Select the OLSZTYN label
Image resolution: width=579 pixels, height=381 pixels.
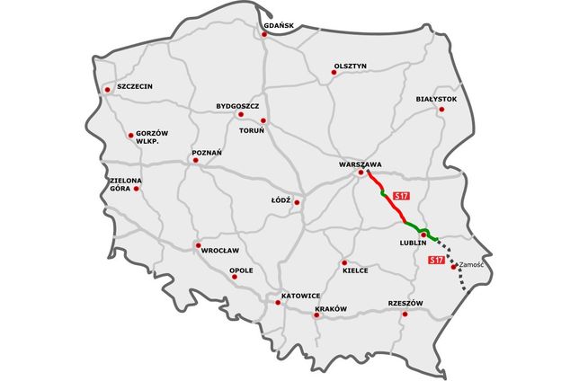[x=350, y=66]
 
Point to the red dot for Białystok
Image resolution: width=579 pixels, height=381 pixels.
[x=441, y=110]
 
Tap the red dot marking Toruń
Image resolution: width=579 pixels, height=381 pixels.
[x=263, y=120]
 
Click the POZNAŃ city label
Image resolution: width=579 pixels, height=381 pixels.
[x=207, y=154]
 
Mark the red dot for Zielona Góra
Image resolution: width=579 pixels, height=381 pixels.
[x=137, y=189]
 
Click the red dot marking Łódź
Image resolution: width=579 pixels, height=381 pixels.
[x=297, y=202]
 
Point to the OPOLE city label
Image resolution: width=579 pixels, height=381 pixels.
[x=241, y=269]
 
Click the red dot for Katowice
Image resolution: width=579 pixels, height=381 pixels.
[x=278, y=303]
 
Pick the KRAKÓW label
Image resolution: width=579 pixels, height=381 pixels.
[x=331, y=309]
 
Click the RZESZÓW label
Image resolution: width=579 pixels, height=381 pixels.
[x=405, y=303]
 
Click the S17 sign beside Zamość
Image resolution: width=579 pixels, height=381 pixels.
[x=436, y=261]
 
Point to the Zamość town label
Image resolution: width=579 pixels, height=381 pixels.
[x=473, y=265]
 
